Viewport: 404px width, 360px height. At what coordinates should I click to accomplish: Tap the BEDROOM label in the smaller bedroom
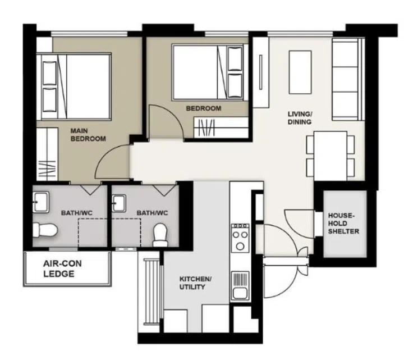[204, 108]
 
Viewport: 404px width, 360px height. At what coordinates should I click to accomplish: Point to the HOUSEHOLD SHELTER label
[343, 223]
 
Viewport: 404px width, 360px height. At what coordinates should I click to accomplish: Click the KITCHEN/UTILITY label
[195, 282]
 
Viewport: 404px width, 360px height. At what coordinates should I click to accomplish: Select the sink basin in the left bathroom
[41, 200]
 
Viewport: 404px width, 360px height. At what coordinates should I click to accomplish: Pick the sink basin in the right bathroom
[120, 202]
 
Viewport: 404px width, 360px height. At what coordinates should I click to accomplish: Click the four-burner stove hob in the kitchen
[240, 236]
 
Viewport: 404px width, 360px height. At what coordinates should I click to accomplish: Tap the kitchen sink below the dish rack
[240, 292]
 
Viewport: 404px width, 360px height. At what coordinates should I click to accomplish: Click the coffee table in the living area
[300, 72]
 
